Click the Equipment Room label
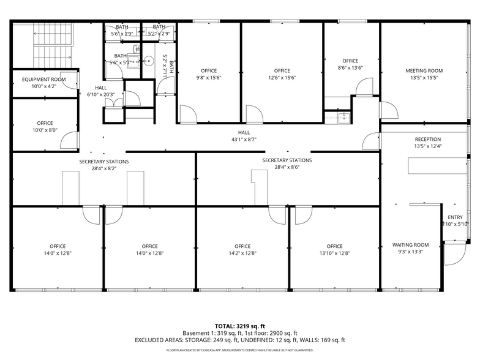pyautogui.click(x=43, y=80)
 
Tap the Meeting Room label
pyautogui.click(x=424, y=71)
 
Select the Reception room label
pyautogui.click(x=427, y=140)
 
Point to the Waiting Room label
pyautogui.click(x=410, y=245)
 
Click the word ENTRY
pyautogui.click(x=455, y=217)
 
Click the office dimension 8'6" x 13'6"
pyautogui.click(x=350, y=68)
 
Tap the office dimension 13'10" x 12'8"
pyautogui.click(x=334, y=253)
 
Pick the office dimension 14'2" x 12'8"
pyautogui.click(x=242, y=253)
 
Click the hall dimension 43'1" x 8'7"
pyautogui.click(x=244, y=139)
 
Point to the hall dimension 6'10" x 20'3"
pyautogui.click(x=100, y=94)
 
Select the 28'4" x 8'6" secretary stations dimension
pyautogui.click(x=287, y=167)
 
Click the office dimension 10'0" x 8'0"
pyautogui.click(x=44, y=130)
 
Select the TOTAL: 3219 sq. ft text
pyautogui.click(x=239, y=326)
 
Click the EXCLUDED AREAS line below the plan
pyautogui.click(x=239, y=340)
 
